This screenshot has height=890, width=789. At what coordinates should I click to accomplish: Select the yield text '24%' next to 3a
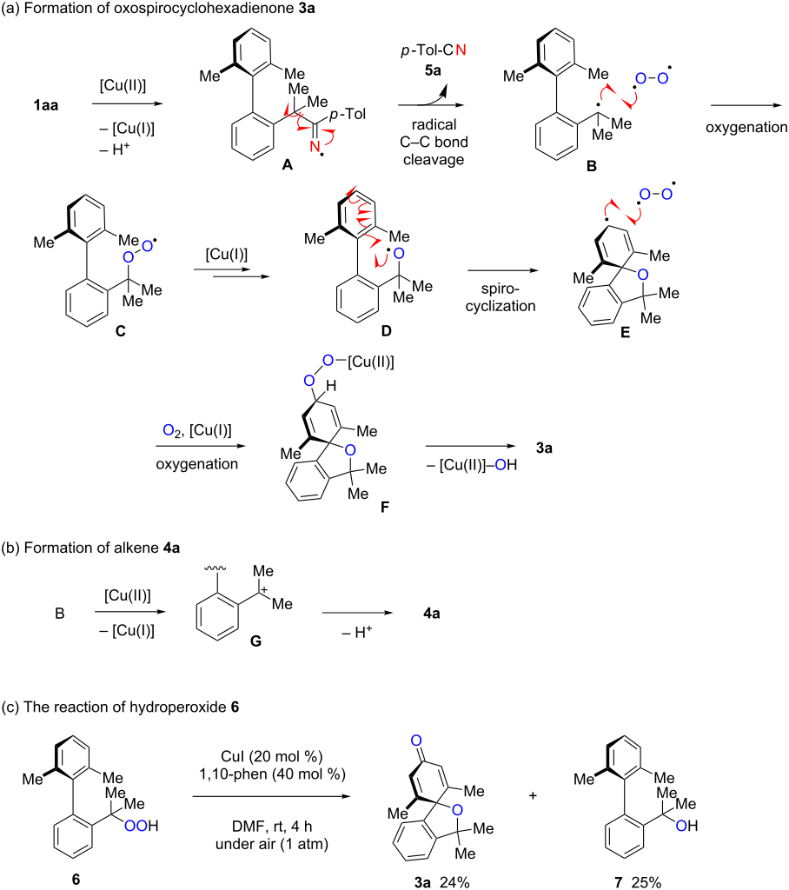455,879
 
